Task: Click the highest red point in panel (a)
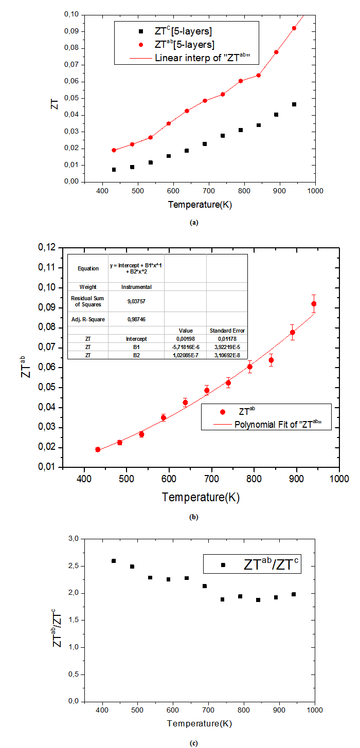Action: click(x=294, y=28)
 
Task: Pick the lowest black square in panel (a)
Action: click(x=114, y=170)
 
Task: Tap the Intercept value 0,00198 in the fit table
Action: click(x=185, y=339)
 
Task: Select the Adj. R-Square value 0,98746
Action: click(x=136, y=319)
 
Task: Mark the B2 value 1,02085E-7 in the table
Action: click(x=185, y=355)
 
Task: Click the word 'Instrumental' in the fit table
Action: click(x=136, y=286)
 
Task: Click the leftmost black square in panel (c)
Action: click(x=114, y=561)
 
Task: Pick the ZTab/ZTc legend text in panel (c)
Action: click(x=272, y=565)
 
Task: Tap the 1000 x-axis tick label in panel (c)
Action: click(x=315, y=710)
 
